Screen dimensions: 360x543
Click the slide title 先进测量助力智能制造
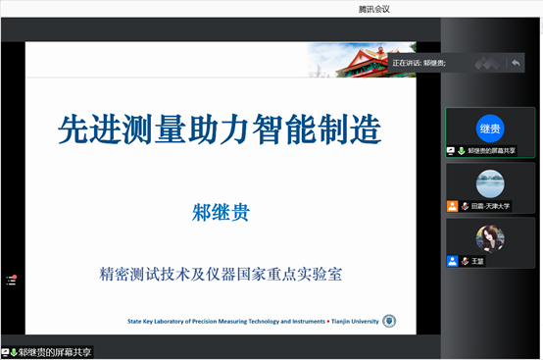[x=219, y=129]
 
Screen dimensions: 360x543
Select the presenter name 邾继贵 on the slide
[x=219, y=209]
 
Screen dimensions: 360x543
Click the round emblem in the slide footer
[x=388, y=321]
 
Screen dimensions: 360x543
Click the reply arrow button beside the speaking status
[x=515, y=63]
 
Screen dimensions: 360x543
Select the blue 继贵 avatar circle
[x=490, y=129]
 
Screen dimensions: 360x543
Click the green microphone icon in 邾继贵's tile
[x=461, y=151]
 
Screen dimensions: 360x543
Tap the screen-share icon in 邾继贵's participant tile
[x=451, y=151]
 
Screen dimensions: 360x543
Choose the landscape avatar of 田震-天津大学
[x=490, y=183]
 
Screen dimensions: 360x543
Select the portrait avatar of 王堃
[x=490, y=238]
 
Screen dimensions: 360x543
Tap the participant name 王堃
[x=480, y=261]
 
